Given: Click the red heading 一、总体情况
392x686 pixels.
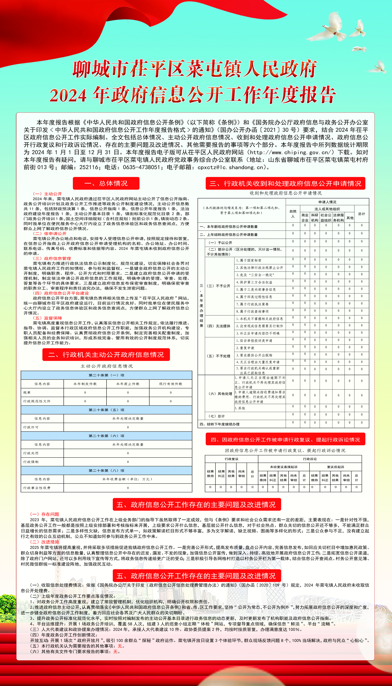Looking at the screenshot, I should tap(106, 183).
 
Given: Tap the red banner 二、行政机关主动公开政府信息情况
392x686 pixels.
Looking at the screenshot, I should tap(106, 354).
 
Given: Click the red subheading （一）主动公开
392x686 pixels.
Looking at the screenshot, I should tap(47, 194).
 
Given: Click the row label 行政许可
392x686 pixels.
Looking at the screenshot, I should tap(31, 427).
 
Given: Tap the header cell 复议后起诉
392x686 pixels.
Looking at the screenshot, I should tap(335, 467).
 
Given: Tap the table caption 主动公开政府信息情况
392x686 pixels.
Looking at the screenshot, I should tap(107, 366).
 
